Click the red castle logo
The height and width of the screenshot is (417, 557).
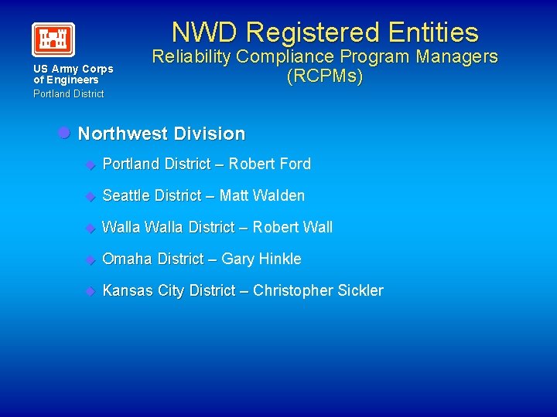53,39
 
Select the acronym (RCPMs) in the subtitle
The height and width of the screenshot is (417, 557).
324,77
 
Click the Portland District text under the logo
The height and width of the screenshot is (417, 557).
68,93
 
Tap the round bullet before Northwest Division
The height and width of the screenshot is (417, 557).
65,133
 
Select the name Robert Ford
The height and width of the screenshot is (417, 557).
270,164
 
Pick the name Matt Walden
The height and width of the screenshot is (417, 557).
262,195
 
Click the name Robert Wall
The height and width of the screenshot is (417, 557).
292,227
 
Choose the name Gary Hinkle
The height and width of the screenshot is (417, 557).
261,259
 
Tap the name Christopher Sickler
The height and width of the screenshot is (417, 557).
318,290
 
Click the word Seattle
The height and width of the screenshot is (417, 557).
126,195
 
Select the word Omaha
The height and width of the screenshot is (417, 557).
128,259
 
